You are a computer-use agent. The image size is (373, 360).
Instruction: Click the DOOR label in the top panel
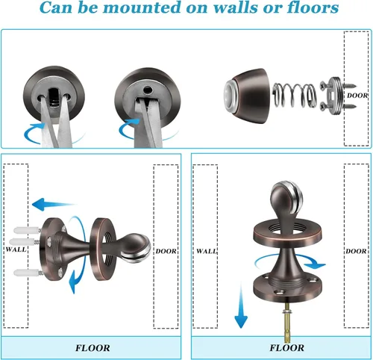tap(354, 96)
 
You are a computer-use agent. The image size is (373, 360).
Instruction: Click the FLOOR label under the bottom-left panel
tap(93, 348)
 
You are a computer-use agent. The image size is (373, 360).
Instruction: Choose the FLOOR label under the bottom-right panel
tap(286, 348)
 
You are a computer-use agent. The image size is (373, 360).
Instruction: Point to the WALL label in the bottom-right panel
tap(206, 252)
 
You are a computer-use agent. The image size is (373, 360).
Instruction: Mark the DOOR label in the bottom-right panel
tap(354, 252)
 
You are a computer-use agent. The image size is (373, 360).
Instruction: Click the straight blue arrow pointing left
tap(55, 202)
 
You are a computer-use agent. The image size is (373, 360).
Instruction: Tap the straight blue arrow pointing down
tap(240, 306)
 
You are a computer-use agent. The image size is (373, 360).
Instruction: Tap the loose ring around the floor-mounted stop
tap(285, 232)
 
